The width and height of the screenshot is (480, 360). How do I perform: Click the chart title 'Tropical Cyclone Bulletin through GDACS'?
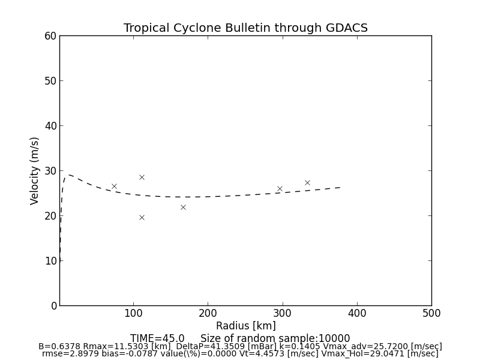[245, 28]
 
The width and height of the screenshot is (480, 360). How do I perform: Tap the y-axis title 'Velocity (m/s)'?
[35, 170]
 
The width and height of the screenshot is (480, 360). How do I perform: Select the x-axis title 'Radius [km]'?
[245, 326]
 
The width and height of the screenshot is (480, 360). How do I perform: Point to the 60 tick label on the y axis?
[50, 36]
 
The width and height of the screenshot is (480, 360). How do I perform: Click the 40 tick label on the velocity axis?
[50, 126]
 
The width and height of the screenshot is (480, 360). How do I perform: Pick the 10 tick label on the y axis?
[50, 261]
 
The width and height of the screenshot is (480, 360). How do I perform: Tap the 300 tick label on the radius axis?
[283, 313]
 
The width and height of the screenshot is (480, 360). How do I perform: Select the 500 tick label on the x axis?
[431, 313]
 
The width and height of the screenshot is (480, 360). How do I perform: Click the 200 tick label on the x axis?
[208, 313]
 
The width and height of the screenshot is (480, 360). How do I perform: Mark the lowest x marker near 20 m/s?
[142, 217]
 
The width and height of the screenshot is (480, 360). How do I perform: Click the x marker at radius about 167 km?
[183, 207]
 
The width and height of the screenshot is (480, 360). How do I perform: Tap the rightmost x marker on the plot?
[307, 182]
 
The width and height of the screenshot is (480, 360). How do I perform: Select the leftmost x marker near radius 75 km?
[114, 186]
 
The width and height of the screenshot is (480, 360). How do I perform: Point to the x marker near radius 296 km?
[280, 188]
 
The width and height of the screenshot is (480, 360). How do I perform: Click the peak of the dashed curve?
[68, 175]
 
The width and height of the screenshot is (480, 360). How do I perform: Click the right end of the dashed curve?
[340, 187]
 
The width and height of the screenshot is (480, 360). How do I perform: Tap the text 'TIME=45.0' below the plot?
[157, 338]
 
